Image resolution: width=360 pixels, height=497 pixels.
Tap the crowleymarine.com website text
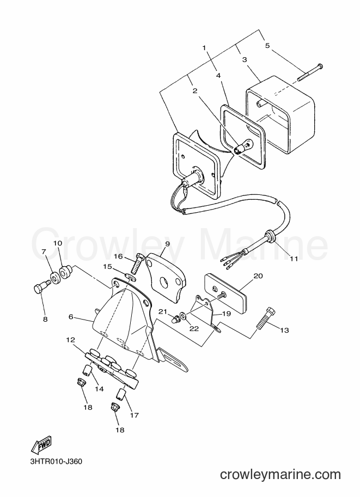point(280,475)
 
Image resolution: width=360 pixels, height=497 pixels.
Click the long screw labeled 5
point(310,72)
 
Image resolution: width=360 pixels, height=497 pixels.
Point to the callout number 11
point(294,259)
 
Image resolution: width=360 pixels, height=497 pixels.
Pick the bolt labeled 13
point(265,318)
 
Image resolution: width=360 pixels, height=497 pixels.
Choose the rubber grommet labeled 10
point(66,272)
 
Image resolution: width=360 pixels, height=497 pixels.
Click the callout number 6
point(71,317)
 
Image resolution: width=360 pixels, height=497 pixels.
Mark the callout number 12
point(70,340)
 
